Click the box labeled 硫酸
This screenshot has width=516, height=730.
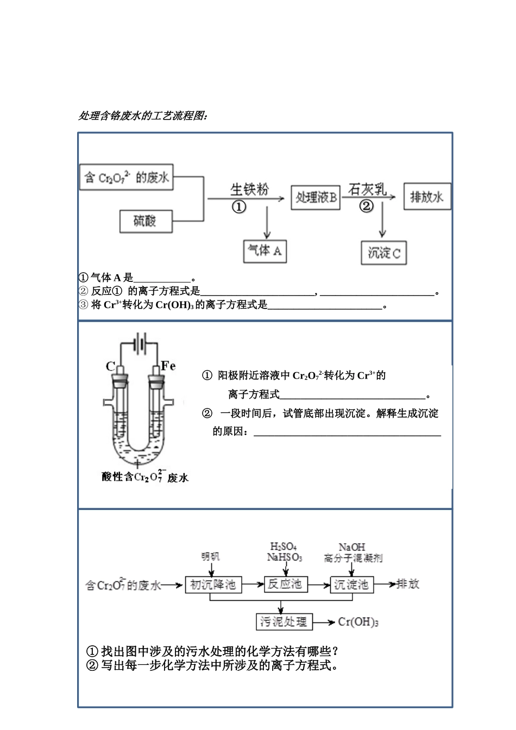146,221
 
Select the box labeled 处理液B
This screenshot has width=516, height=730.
316,198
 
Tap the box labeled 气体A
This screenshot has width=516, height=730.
265,251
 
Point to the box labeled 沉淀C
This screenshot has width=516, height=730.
383,253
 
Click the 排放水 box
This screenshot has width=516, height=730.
427,197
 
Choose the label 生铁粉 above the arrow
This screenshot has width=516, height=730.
249,190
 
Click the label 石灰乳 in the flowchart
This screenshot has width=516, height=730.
367,190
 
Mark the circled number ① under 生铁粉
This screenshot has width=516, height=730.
239,207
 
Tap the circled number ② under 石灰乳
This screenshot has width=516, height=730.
367,206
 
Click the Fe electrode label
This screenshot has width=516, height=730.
168,366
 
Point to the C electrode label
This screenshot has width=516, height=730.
110,367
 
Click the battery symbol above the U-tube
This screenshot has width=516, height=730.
140,343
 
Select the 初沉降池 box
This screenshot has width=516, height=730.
213,584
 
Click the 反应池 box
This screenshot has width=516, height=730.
285,584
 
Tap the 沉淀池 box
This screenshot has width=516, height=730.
351,584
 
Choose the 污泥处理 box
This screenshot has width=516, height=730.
284,622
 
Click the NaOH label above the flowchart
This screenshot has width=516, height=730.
351,547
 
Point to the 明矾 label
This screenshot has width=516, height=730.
210,557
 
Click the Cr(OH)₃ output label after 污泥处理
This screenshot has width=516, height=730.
358,622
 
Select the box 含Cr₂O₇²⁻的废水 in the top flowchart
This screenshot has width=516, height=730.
126,177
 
